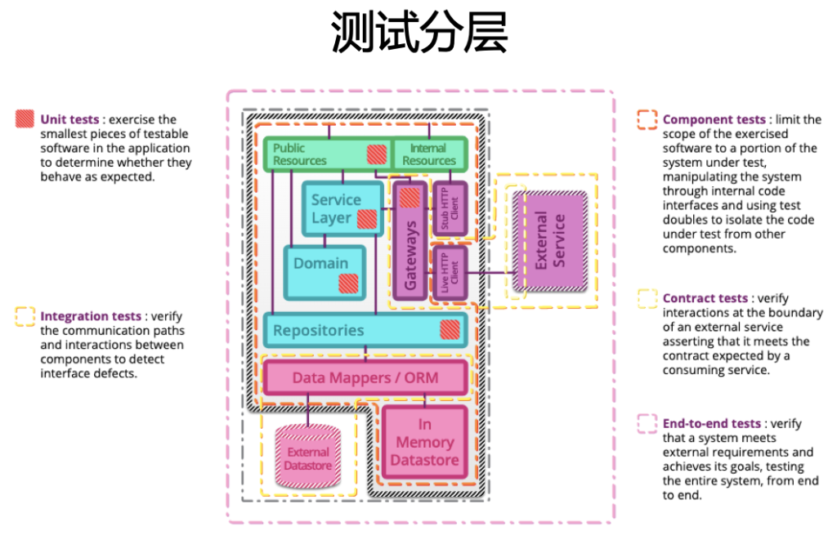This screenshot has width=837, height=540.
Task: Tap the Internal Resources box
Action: [429, 154]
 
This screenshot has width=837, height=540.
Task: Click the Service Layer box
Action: [336, 209]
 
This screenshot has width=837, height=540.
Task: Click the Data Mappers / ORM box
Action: [365, 377]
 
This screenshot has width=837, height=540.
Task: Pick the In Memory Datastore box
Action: [424, 442]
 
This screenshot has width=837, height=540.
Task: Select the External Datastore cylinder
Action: [308, 458]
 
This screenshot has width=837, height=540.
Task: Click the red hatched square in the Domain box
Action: [349, 283]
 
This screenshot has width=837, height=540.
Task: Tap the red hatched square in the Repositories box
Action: [450, 330]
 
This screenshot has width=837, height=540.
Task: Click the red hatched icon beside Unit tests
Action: [25, 118]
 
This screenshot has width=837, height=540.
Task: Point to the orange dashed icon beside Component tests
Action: [647, 119]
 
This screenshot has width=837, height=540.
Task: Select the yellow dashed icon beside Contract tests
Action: [647, 298]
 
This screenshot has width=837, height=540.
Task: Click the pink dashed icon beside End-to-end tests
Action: [647, 423]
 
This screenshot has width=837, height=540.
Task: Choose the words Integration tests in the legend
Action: [91, 316]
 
